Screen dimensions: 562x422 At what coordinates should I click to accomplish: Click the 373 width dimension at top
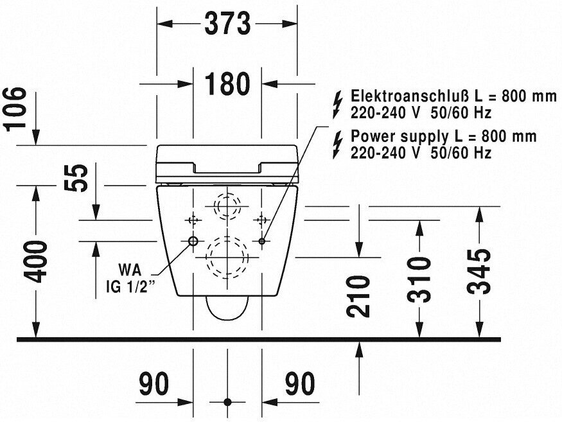click(227, 24)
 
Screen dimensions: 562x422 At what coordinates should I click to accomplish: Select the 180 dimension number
click(227, 84)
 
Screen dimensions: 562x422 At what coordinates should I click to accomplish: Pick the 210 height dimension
click(360, 296)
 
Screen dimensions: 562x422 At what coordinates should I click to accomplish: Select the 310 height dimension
click(419, 279)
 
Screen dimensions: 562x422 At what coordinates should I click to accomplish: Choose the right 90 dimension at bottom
click(301, 385)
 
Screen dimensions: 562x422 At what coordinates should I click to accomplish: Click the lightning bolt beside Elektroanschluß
click(335, 104)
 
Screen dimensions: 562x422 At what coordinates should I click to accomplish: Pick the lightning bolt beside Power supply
click(335, 144)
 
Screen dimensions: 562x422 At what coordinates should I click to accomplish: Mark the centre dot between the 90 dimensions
click(227, 402)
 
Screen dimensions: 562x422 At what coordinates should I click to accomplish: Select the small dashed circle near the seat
click(226, 207)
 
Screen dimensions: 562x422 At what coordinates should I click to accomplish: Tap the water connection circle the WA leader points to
click(193, 242)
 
